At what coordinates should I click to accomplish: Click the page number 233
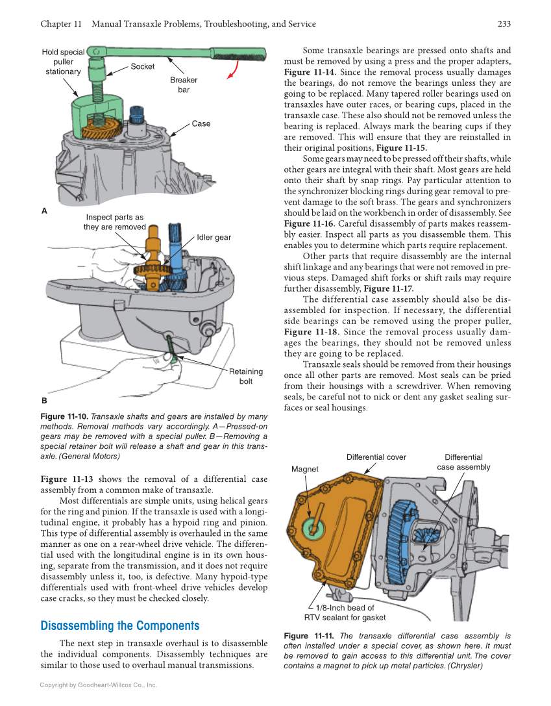(x=504, y=24)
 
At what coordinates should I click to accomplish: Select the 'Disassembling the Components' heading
(x=119, y=626)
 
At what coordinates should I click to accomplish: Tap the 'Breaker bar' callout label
(x=184, y=85)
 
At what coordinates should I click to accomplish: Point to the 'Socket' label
(x=143, y=66)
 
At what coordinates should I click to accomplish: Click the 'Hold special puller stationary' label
(x=63, y=62)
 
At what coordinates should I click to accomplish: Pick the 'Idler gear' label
(x=214, y=238)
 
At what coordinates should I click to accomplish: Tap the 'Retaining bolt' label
(x=245, y=377)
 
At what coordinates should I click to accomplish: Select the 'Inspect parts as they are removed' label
(x=114, y=222)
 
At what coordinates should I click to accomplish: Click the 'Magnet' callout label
(x=305, y=469)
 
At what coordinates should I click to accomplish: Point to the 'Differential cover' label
(x=376, y=457)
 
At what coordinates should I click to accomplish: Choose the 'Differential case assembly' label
(x=463, y=462)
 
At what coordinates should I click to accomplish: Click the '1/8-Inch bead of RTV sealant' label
(x=345, y=612)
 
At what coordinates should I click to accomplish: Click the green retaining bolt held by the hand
(x=171, y=348)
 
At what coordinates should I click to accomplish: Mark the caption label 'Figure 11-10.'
(x=64, y=416)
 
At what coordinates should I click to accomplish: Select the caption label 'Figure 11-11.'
(x=308, y=637)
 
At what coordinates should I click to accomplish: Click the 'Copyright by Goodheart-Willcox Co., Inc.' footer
(x=99, y=685)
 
